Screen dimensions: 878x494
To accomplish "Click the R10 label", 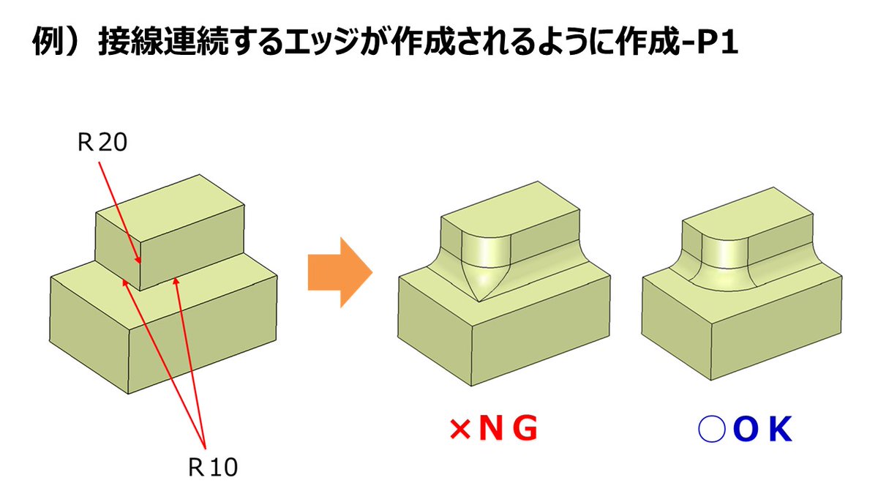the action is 213,466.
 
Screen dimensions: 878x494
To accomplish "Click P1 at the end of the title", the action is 714,43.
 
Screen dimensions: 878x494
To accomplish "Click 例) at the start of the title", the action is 59,43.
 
